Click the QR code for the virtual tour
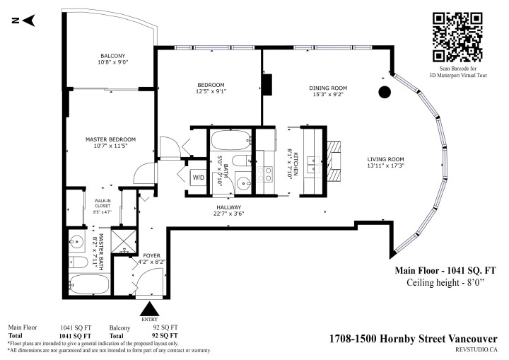pyautogui.click(x=457, y=37)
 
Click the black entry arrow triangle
pyautogui.click(x=150, y=309)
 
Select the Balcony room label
pyautogui.click(x=112, y=56)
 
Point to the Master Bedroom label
pyautogui.click(x=110, y=139)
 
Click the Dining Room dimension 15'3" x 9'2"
pyautogui.click(x=328, y=95)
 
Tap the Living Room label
pyautogui.click(x=385, y=159)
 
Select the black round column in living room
pyautogui.click(x=385, y=91)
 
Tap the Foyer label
pyautogui.click(x=153, y=255)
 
